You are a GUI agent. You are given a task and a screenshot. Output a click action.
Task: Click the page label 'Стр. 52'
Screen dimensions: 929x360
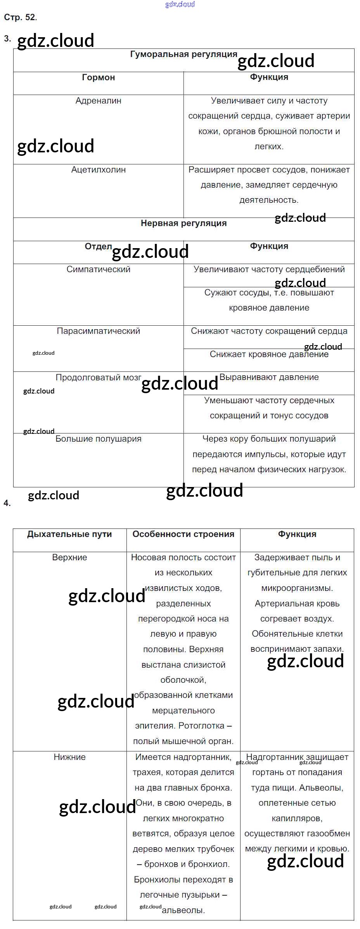tap(20, 17)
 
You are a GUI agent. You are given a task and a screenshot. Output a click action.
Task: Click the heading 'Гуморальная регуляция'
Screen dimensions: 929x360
tap(183, 55)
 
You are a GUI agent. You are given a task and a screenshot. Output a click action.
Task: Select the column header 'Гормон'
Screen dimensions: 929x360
tap(99, 78)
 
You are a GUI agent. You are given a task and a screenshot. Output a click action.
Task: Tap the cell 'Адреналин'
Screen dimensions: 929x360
tap(99, 101)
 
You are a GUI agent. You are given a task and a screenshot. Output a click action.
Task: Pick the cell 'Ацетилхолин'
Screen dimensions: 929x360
tap(99, 170)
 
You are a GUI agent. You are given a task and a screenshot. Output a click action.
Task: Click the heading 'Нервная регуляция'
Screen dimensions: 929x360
tap(183, 223)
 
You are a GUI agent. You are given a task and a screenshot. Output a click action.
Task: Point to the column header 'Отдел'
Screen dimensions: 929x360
tap(99, 247)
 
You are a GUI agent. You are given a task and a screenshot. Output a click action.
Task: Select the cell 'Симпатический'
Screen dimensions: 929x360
tap(99, 269)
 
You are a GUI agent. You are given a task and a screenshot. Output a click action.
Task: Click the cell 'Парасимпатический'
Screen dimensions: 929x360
tap(99, 331)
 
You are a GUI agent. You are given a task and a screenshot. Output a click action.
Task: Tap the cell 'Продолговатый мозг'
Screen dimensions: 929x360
tap(99, 378)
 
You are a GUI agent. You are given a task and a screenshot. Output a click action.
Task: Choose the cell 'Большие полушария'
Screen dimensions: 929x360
tap(99, 439)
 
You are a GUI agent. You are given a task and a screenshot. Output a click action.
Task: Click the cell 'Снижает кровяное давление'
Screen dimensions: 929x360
tap(269, 354)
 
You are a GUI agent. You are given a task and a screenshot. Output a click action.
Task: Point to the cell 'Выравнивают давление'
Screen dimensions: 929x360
tap(269, 377)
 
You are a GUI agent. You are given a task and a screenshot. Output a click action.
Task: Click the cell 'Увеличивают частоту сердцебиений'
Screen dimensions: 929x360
tap(269, 269)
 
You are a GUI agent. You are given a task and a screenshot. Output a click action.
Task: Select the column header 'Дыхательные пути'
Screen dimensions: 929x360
tap(69, 534)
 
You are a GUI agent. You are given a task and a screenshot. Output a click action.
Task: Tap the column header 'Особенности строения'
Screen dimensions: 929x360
tap(183, 534)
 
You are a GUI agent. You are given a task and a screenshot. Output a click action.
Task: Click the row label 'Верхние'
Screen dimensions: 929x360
tap(69, 558)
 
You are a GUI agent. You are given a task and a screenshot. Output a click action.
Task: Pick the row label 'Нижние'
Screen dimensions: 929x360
tap(69, 757)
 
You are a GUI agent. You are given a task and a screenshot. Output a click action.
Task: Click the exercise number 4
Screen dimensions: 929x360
tap(7, 503)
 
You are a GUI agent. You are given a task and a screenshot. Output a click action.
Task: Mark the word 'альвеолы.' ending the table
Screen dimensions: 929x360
tap(183, 910)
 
